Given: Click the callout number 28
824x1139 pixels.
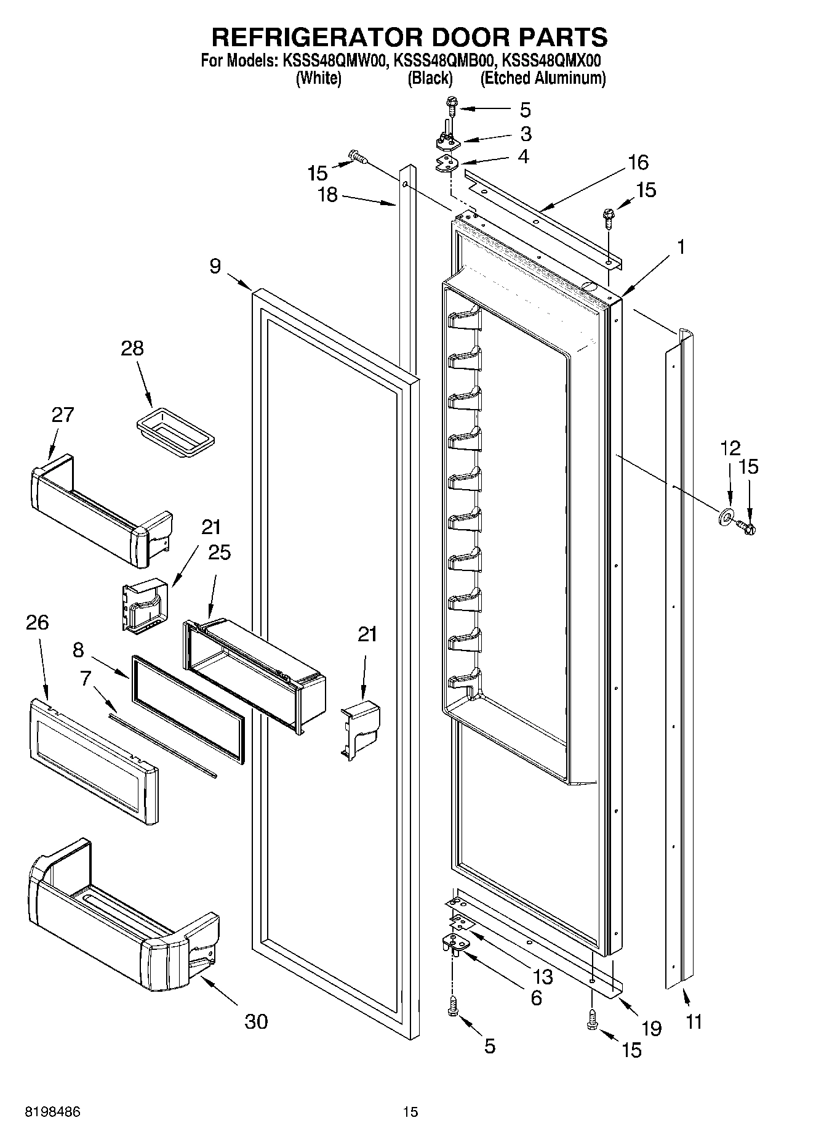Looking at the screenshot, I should click(132, 348).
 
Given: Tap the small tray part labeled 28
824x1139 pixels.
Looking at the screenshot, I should click(175, 434).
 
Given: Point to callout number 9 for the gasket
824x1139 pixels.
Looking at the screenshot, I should click(215, 266).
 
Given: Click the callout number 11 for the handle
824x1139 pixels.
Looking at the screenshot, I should click(694, 1021).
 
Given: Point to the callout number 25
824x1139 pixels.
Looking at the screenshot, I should click(219, 552).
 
